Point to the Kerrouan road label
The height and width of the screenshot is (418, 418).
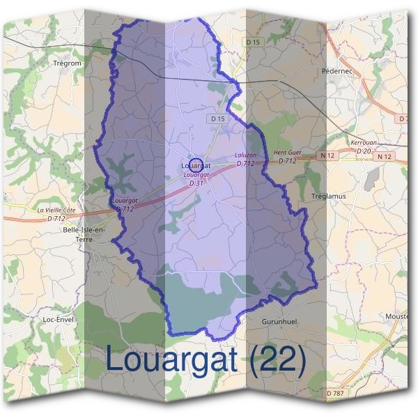[x=363, y=142]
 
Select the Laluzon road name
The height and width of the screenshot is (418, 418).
[x=245, y=155]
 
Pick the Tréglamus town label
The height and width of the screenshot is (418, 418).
[x=329, y=196]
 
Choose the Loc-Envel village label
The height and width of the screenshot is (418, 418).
[x=59, y=319]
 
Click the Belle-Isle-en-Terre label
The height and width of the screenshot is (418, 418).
[x=84, y=234]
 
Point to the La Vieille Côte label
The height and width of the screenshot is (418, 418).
[x=56, y=210]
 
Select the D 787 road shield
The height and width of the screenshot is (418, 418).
[x=335, y=394]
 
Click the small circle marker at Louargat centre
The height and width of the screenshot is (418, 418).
[x=196, y=165]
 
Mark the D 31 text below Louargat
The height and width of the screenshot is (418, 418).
[x=196, y=183]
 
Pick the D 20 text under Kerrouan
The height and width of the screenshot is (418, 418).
[x=363, y=150]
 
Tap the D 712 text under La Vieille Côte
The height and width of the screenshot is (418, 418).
[x=56, y=219]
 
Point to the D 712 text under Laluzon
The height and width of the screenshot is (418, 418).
[x=245, y=164]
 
